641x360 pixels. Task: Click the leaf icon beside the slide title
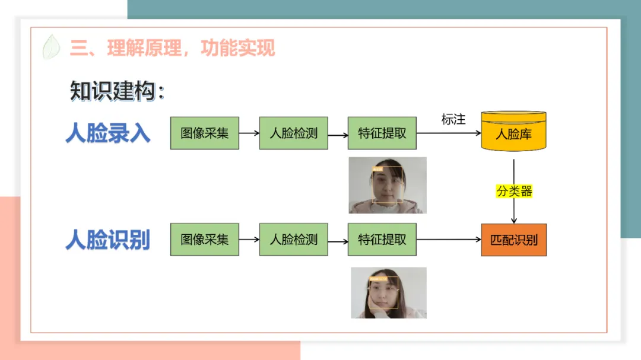(52, 47)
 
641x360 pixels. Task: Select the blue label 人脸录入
(107, 133)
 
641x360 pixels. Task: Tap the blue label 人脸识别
(107, 240)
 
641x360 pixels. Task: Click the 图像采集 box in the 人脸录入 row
(205, 133)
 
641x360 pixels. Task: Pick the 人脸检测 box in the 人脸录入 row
(293, 133)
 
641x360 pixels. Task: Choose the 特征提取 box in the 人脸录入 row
(382, 133)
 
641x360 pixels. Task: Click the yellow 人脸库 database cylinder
(513, 131)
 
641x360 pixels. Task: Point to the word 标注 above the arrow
(453, 119)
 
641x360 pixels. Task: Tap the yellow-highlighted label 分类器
(514, 192)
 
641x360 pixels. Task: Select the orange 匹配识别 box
(513, 240)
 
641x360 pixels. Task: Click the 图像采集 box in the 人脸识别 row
(205, 240)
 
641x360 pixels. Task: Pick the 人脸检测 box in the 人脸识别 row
(293, 240)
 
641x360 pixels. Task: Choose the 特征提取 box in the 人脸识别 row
(382, 240)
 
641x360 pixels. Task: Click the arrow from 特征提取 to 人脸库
(449, 133)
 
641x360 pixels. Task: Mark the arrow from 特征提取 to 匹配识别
(449, 240)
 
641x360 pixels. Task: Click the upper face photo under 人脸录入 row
(388, 185)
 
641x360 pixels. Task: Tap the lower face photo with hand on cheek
(389, 292)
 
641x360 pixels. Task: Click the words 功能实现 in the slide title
(238, 47)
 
